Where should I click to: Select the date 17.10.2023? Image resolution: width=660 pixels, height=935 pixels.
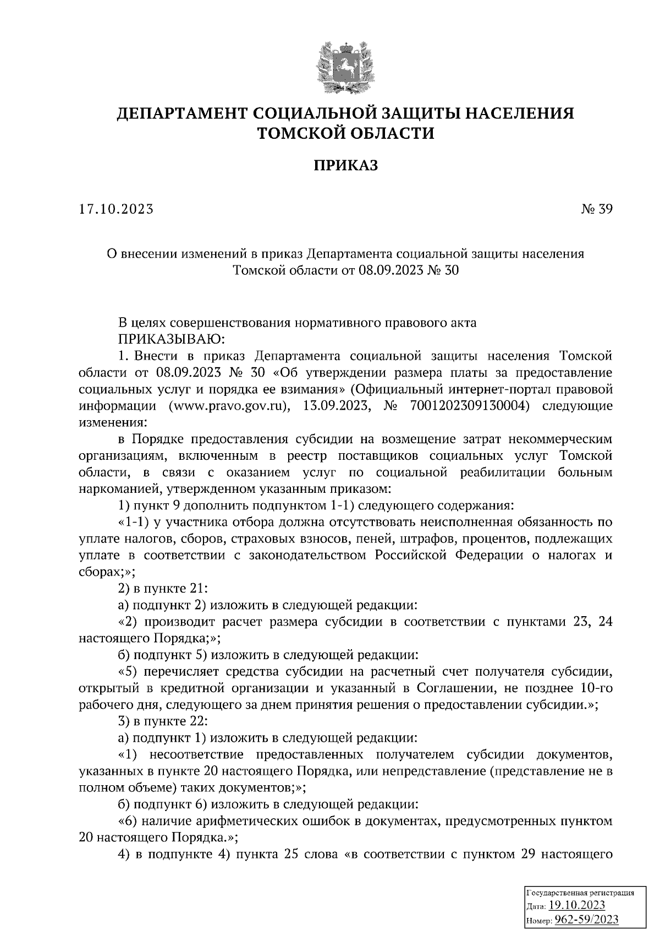(x=116, y=209)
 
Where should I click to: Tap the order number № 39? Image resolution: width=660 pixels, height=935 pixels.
(x=596, y=209)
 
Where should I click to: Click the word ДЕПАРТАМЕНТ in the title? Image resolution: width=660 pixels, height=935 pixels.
(x=182, y=113)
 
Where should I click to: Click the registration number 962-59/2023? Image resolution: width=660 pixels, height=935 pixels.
(x=586, y=920)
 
